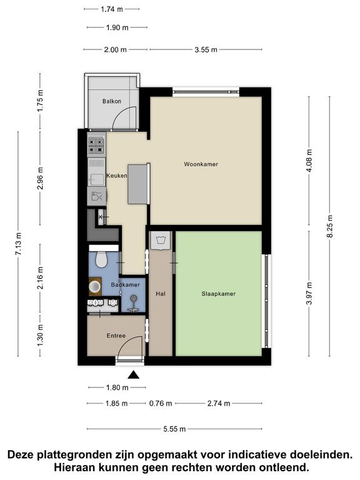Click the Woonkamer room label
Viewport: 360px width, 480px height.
[201, 164]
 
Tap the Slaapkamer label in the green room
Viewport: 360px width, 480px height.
[218, 294]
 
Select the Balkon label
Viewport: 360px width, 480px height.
[112, 101]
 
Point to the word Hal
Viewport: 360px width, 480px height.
[161, 294]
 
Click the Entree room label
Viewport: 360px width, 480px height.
[116, 336]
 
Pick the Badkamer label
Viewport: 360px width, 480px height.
[125, 285]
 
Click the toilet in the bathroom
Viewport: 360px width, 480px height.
[101, 259]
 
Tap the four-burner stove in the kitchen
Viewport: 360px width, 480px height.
[96, 146]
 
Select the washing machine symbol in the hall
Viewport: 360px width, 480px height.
[161, 240]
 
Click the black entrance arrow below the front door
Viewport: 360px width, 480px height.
[133, 375]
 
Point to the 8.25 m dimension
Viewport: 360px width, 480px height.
[330, 226]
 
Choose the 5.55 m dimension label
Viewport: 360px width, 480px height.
[174, 429]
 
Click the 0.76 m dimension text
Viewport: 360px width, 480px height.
[161, 404]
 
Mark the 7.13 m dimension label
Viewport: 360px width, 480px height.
[18, 244]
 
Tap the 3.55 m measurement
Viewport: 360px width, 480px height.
[206, 49]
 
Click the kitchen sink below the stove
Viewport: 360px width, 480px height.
[96, 172]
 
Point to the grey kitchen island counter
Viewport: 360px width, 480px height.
[137, 184]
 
